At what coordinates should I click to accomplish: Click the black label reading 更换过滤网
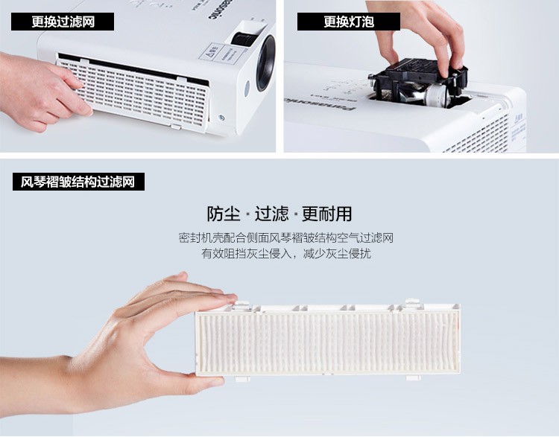click(63, 22)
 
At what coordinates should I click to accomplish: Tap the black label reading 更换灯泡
click(349, 22)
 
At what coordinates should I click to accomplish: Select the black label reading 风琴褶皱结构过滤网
click(78, 182)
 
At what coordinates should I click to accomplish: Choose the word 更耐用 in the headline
click(327, 214)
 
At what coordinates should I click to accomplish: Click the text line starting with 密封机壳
click(285, 238)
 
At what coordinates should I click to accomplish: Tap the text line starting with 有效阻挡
click(286, 254)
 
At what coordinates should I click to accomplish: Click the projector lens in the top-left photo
click(266, 63)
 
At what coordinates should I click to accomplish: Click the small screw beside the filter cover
click(221, 117)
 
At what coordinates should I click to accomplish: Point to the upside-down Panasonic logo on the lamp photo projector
click(320, 103)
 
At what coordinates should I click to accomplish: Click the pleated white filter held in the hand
click(328, 339)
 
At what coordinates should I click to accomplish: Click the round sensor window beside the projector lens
click(247, 89)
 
